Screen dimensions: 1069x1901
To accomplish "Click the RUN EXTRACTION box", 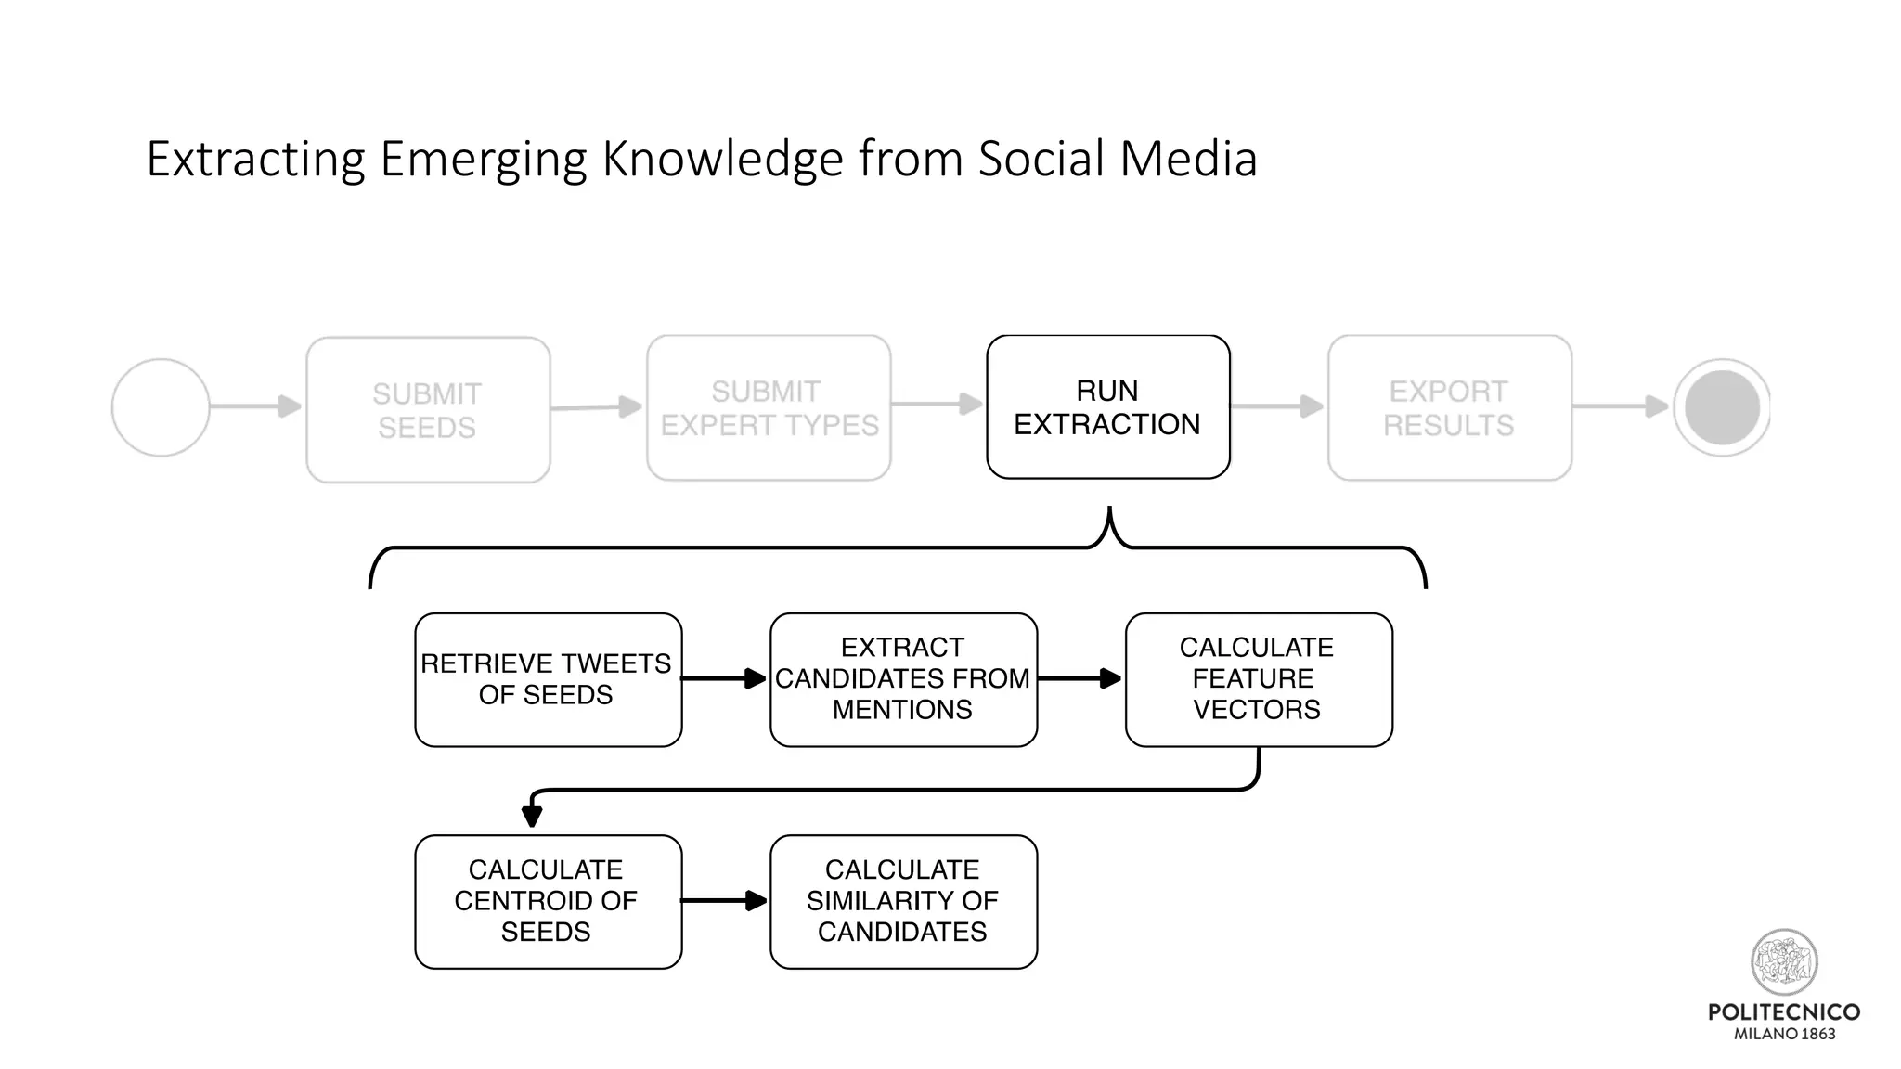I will (x=1107, y=407).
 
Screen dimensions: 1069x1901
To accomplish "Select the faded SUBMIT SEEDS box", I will (x=428, y=410).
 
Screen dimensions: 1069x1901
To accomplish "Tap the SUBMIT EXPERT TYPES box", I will (x=769, y=408).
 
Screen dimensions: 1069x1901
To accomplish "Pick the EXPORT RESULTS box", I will (x=1449, y=408).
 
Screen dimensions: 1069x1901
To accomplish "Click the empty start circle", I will (x=161, y=407).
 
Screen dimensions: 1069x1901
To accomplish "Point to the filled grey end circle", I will (x=1722, y=407).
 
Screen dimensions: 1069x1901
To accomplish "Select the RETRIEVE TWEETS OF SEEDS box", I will (x=548, y=679).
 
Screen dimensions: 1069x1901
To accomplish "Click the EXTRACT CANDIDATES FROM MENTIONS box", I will (x=903, y=679).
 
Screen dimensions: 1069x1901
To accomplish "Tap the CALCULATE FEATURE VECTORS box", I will (x=1258, y=679).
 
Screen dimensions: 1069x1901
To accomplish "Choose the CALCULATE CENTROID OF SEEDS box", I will (x=548, y=901).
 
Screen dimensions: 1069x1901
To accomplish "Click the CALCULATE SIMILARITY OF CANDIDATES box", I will (x=903, y=901).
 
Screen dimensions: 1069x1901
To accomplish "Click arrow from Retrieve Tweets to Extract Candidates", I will (x=725, y=679).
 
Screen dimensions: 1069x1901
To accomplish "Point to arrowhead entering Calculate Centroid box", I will (x=532, y=816).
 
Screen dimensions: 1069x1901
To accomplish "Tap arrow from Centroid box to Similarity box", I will (x=725, y=900).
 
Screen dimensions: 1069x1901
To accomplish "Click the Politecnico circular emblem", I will (x=1783, y=962).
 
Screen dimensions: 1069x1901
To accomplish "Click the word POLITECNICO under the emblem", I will (x=1783, y=1012).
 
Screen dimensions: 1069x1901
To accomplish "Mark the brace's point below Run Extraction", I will (x=1109, y=513).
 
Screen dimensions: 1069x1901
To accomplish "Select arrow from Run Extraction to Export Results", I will (x=1277, y=406).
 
